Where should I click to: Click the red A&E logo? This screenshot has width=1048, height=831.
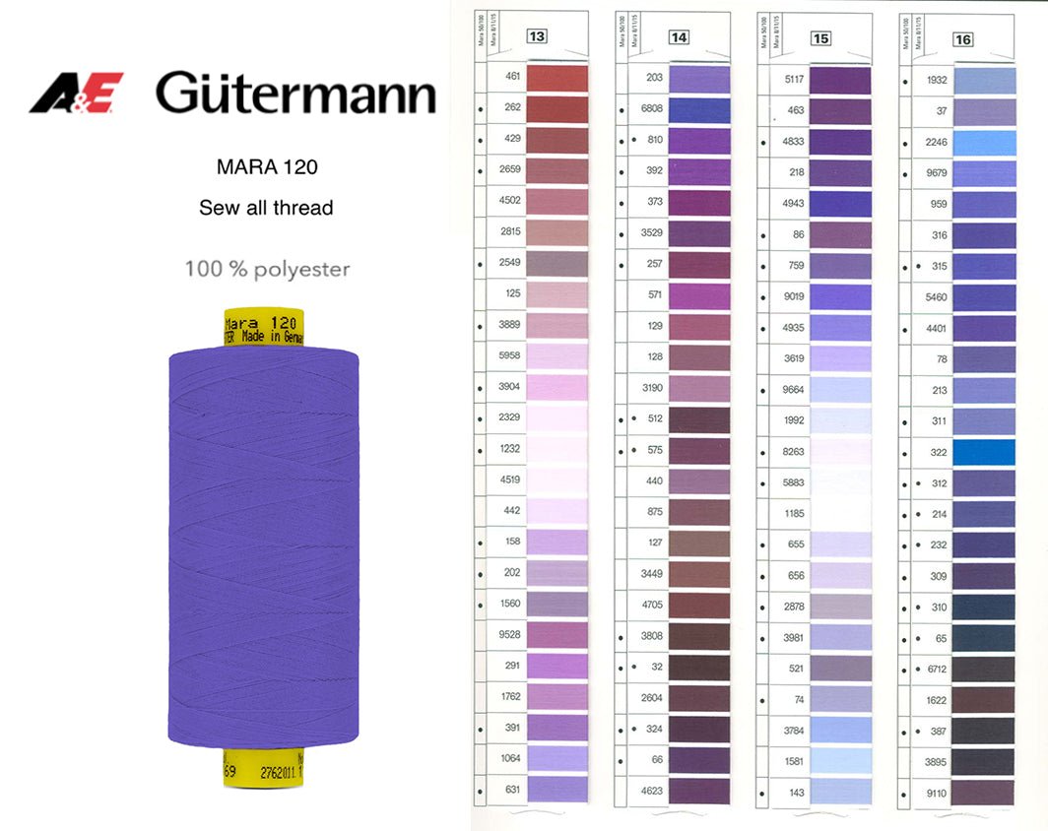click(x=76, y=93)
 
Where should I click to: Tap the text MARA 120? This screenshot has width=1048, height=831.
click(x=267, y=166)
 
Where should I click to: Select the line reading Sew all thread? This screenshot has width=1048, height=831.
click(x=266, y=208)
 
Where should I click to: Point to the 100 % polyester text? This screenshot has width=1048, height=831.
click(x=267, y=269)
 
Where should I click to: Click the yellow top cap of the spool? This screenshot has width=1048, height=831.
click(x=261, y=327)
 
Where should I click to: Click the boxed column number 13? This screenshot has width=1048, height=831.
click(x=537, y=37)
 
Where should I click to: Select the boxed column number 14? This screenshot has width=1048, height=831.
click(x=679, y=37)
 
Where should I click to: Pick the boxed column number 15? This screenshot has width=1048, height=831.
click(x=820, y=38)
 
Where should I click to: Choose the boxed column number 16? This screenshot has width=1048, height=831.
click(x=962, y=39)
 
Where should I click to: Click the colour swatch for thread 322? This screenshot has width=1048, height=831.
click(x=983, y=452)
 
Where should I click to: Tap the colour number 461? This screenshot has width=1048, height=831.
click(x=512, y=77)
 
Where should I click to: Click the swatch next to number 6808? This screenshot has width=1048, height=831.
click(x=699, y=110)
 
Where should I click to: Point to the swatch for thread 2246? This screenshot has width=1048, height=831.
click(x=983, y=143)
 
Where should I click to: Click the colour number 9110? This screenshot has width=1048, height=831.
click(x=936, y=793)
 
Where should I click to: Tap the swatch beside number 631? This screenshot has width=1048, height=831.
click(x=557, y=788)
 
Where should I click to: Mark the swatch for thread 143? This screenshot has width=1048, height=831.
click(x=840, y=792)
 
